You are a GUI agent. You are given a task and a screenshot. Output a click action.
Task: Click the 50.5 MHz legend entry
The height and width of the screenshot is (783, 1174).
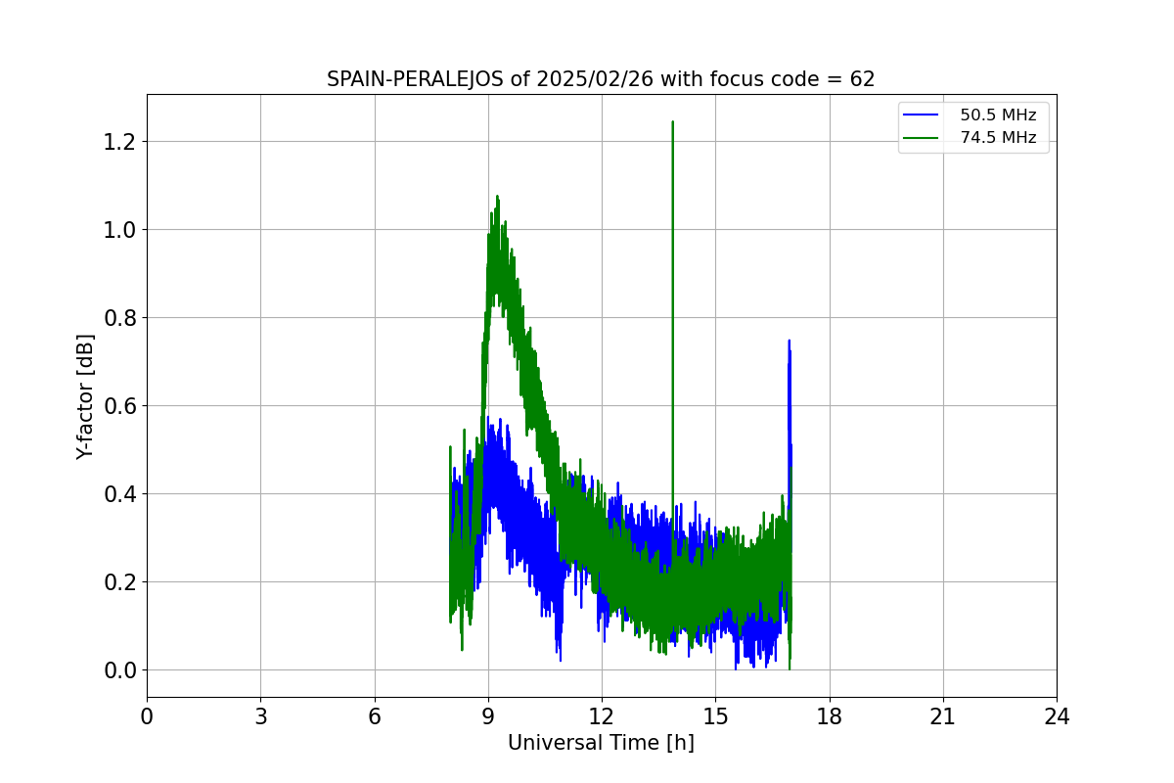998,115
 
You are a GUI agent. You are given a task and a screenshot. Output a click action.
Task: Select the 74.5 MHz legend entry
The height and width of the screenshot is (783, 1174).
998,138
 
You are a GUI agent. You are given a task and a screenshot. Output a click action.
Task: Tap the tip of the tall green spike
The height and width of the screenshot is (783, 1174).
672,122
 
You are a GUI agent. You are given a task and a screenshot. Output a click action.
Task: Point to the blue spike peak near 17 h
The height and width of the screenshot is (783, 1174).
789,342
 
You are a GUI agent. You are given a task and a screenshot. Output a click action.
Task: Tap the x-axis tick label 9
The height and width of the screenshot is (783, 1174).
488,717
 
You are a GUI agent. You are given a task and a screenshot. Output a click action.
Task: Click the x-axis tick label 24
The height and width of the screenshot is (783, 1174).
1057,717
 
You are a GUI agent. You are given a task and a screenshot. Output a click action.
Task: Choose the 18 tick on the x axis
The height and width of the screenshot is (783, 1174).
830,717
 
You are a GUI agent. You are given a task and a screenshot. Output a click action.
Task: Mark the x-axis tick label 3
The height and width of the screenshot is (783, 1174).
260,717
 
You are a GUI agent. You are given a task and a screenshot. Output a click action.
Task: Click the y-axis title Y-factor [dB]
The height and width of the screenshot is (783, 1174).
86,396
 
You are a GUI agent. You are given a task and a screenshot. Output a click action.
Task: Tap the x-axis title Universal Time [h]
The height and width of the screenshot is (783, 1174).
601,744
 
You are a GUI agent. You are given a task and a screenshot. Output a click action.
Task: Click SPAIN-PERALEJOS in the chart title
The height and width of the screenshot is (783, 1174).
416,80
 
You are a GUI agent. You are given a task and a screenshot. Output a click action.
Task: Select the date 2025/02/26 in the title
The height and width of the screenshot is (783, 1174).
594,80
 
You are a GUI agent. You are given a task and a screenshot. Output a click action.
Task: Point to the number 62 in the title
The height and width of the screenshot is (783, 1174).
863,80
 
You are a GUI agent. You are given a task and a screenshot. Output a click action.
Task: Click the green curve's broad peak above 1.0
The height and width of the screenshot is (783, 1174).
497,198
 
